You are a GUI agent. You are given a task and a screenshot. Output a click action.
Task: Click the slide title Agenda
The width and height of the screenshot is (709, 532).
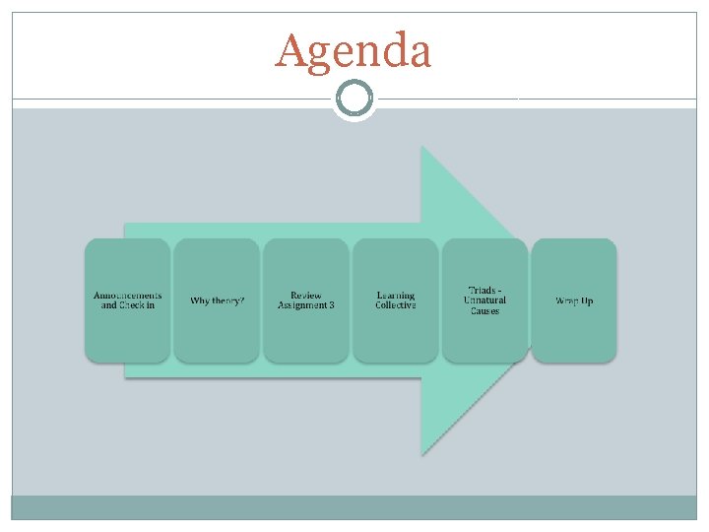(x=353, y=51)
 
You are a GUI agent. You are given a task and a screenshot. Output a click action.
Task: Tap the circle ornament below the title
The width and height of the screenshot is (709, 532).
(x=354, y=99)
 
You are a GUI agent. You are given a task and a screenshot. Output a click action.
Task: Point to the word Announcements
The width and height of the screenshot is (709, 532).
(x=128, y=296)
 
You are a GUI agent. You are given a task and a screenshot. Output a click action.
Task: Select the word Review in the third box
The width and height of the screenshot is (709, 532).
(x=306, y=295)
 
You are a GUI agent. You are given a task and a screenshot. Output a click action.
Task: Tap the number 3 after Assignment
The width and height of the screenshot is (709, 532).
(x=331, y=305)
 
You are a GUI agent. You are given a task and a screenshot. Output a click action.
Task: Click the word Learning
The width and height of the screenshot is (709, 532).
(x=396, y=295)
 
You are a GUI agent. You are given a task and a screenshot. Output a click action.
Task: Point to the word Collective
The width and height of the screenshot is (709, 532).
(x=396, y=305)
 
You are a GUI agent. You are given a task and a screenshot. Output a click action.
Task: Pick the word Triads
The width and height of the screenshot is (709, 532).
(x=481, y=290)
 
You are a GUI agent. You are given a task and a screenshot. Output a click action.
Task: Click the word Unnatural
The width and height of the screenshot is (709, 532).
(x=484, y=300)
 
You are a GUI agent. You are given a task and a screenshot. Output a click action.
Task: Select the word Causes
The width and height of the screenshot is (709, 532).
(x=484, y=311)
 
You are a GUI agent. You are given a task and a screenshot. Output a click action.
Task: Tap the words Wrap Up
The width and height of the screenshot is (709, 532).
(x=574, y=300)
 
